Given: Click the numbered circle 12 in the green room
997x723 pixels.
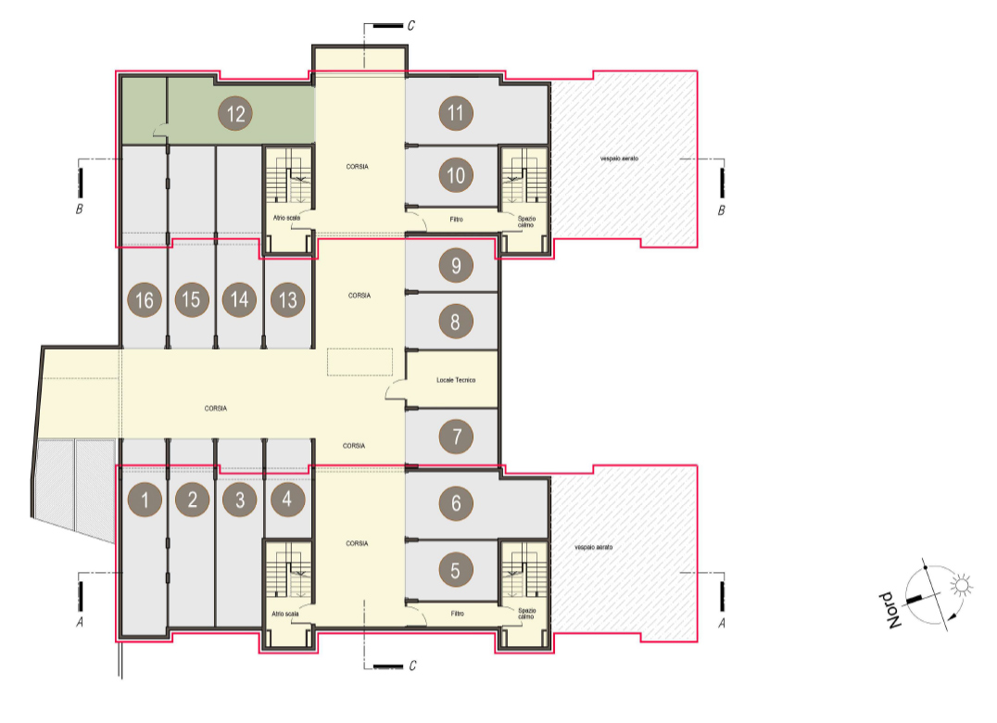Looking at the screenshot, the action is pos(235,114).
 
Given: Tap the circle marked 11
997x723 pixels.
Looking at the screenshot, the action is pos(455,113).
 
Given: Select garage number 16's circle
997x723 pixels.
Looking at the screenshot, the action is pos(145,299).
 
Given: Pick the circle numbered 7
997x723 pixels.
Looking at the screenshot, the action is pos(455,437).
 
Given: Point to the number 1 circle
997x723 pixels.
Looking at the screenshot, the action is pos(145,500).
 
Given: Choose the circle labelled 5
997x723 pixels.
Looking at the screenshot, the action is pos(455,570).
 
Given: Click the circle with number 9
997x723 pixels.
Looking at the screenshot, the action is pos(455,265).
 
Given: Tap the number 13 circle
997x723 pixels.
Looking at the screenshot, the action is pos(287,299).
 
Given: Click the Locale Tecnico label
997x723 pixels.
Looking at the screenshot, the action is pos(456,380).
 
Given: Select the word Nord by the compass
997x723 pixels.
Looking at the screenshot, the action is pos(890,611).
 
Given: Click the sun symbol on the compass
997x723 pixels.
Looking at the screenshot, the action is pos(961,585).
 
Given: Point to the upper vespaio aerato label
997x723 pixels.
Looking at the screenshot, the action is pos(619,158).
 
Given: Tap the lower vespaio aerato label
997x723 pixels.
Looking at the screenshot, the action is pos(594,547).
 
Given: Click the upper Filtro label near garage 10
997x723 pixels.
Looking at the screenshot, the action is pos(457,220).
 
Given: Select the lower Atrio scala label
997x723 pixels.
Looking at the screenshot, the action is pos(284,614).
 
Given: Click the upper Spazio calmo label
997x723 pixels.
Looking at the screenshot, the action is pos(526,222).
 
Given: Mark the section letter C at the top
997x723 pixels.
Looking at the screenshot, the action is pos(410,25).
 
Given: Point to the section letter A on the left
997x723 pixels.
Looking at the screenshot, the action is pos(80,622).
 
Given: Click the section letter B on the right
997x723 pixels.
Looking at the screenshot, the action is pos(721,210).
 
